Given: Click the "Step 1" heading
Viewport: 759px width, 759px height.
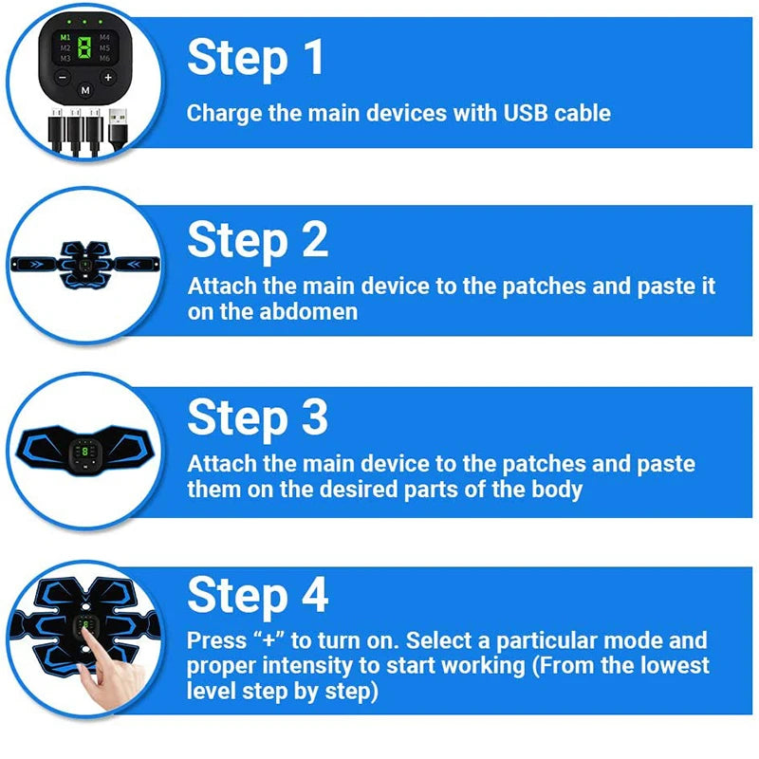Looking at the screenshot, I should coord(256,58).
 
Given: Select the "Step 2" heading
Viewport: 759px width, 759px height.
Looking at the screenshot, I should coord(257,240).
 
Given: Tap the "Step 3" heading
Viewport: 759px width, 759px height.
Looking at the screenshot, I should coord(257,417).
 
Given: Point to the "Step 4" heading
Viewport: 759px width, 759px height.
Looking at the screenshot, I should coord(257,595).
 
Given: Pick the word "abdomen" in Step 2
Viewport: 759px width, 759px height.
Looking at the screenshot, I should coord(308,312).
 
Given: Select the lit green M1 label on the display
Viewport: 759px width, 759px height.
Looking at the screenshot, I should coord(65,36).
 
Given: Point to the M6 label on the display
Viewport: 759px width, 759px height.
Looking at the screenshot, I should coord(103,59).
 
